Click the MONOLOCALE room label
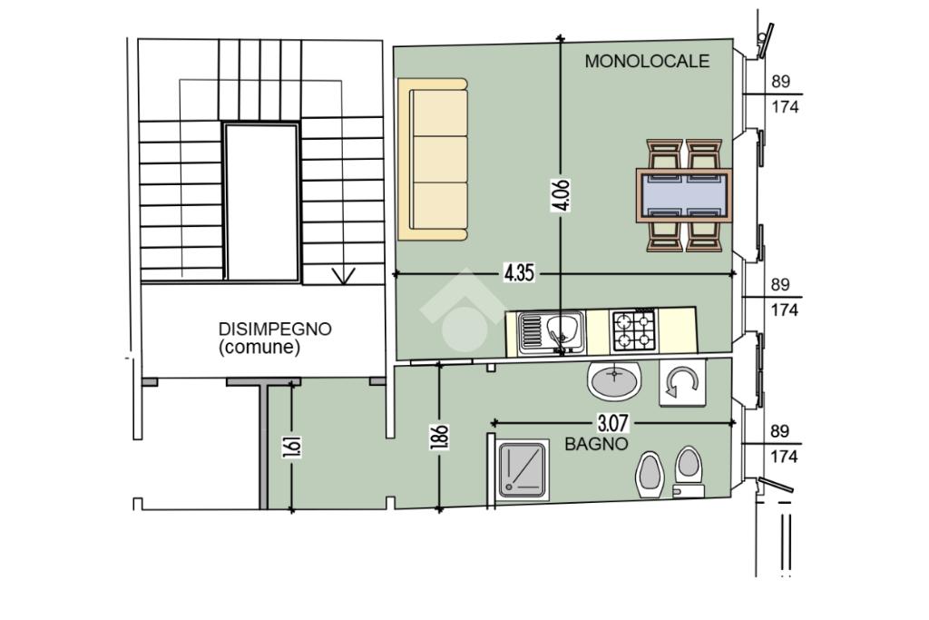point(647,61)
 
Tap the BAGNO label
point(596,444)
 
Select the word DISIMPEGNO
point(275,329)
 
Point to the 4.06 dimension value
point(561,195)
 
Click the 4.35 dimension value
point(519,272)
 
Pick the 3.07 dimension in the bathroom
point(612,423)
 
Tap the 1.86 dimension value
point(439,438)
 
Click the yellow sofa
point(433,160)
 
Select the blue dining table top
point(684,195)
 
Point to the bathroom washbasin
point(614,380)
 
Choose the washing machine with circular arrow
point(682,382)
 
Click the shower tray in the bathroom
point(521,469)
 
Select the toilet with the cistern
point(689,472)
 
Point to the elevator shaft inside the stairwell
point(261,202)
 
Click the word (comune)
point(259,348)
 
